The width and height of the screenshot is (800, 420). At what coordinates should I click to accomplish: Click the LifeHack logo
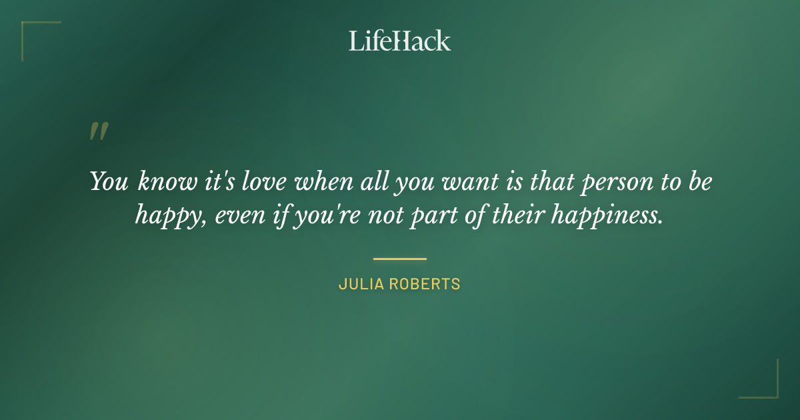point(399,41)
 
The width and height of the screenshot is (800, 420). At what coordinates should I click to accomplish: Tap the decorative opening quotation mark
point(99,131)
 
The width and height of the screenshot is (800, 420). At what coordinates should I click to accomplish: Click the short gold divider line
point(399,259)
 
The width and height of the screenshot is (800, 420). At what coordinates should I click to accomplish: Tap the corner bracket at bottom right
point(767,387)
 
